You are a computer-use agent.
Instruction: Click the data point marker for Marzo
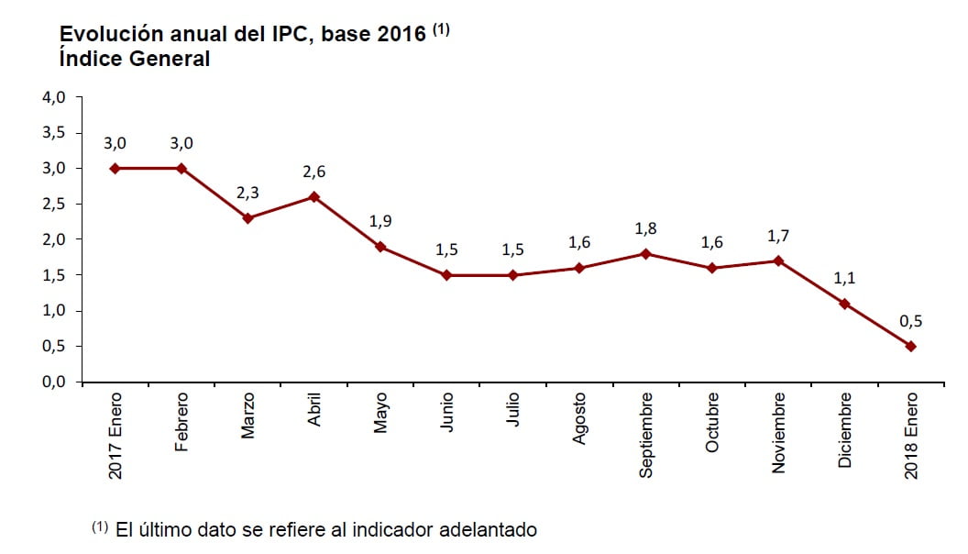247,218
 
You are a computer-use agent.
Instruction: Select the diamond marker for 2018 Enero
911,346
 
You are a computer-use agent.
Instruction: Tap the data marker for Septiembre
645,253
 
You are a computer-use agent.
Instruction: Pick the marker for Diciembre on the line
844,304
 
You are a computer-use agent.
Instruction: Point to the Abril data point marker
314,196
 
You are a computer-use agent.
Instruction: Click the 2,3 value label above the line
247,194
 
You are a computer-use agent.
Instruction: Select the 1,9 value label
380,222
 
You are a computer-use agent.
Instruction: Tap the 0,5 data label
911,321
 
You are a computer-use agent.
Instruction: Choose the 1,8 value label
645,228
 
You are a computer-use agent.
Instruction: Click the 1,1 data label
844,279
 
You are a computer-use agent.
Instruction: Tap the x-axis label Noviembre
779,432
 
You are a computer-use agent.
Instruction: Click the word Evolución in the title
104,34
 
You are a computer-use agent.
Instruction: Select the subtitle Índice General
135,59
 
